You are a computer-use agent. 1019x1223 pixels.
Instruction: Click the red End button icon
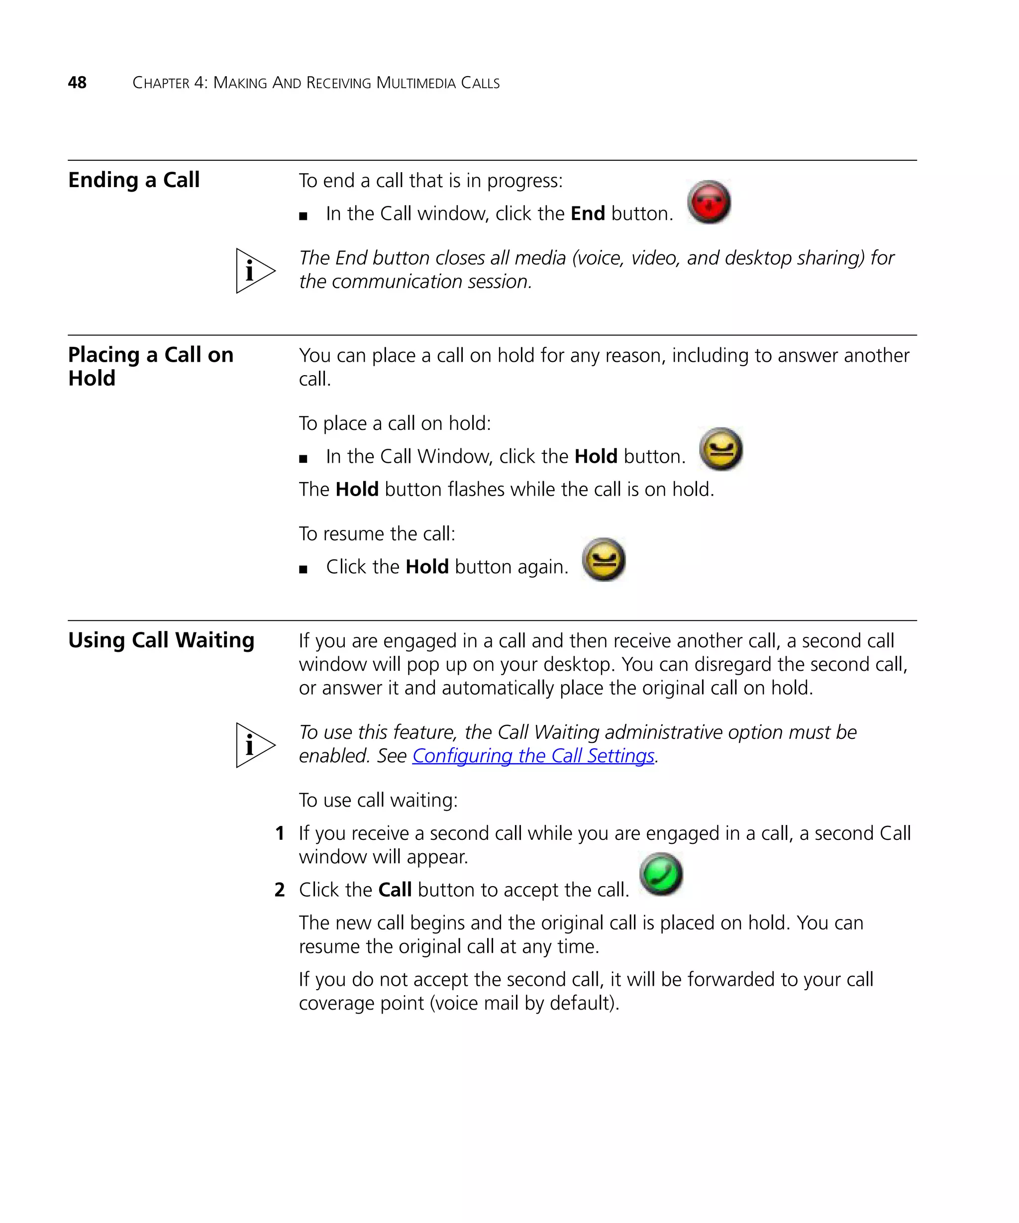[708, 202]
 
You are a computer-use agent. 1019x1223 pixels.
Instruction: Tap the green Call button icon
[661, 874]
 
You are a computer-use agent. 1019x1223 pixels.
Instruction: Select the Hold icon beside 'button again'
[604, 560]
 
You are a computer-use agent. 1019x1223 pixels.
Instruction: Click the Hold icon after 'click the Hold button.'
[721, 449]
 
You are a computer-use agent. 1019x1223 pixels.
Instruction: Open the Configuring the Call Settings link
[533, 756]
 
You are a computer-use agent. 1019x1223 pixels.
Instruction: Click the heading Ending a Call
[133, 180]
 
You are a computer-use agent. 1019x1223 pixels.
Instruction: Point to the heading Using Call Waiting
[161, 640]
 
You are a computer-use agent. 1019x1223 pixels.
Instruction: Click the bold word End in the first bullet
[588, 214]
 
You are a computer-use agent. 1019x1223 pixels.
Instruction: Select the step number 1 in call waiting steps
[280, 833]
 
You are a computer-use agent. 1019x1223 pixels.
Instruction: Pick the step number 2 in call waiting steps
[280, 890]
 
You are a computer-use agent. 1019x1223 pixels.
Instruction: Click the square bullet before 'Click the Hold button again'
[303, 570]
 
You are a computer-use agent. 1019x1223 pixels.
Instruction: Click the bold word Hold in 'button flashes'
[357, 489]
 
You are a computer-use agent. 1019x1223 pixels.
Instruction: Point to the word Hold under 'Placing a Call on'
[92, 379]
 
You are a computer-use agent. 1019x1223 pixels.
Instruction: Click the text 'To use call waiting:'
[378, 800]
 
